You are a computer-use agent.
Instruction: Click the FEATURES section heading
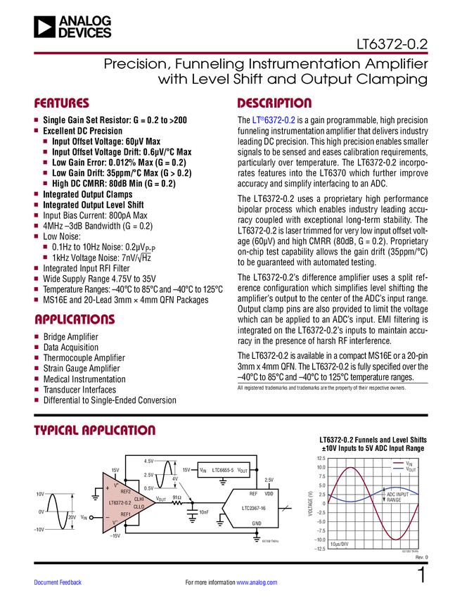pos(62,103)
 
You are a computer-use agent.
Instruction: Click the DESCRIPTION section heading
pos(275,103)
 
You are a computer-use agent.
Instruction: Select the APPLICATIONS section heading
pos(75,319)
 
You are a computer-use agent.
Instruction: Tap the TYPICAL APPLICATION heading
pos(95,431)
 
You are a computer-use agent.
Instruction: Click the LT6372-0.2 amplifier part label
pos(120,503)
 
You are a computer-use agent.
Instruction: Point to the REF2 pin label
pos(126,491)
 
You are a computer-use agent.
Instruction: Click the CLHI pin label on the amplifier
pos(139,499)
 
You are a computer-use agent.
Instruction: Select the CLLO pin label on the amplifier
pos(139,507)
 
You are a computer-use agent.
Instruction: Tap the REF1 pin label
pos(126,515)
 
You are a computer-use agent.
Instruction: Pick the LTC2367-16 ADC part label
pos(254,508)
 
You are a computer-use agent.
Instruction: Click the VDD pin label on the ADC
pos(269,494)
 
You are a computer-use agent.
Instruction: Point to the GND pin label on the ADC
pos(257,523)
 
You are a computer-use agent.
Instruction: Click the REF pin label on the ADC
pos(253,494)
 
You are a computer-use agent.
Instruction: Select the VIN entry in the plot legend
pos(409,464)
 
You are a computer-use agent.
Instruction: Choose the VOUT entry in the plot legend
pos(411,470)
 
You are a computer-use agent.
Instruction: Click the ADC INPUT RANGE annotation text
pos(397,497)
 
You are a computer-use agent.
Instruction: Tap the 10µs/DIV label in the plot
pos(339,544)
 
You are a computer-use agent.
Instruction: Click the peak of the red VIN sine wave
pos(352,468)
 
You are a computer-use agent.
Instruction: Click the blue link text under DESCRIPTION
pos(274,121)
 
